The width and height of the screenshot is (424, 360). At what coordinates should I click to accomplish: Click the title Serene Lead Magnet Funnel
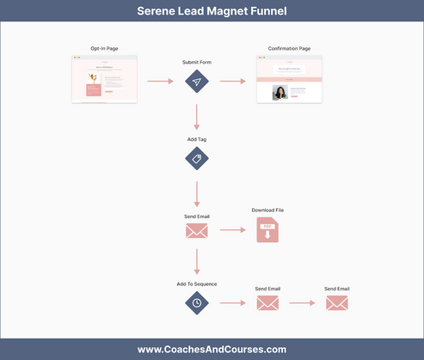[x=212, y=12]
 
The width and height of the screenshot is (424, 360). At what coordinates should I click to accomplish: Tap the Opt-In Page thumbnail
[x=104, y=82]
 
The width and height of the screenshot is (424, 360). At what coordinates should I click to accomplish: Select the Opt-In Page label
[x=104, y=48]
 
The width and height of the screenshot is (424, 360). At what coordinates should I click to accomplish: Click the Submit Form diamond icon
[x=197, y=82]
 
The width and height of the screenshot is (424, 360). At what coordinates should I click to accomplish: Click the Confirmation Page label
[x=289, y=48]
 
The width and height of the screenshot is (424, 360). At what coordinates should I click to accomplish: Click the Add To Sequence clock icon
[x=197, y=302]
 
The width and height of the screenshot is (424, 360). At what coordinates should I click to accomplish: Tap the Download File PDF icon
[x=267, y=230]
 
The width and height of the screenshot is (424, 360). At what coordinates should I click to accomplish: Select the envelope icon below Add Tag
[x=197, y=230]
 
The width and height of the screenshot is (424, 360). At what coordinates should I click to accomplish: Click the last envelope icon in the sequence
[x=336, y=302]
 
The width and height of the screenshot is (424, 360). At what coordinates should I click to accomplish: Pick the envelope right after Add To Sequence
[x=267, y=302]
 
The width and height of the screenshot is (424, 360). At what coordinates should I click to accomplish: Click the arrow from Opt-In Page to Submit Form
[x=161, y=82]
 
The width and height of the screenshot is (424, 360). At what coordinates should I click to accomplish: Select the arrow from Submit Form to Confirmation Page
[x=232, y=82]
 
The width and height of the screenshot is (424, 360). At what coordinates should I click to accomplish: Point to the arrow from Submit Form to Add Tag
[x=197, y=116]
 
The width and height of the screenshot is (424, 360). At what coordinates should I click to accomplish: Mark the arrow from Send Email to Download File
[x=232, y=230]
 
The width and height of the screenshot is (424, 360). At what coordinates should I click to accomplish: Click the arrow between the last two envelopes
[x=302, y=302]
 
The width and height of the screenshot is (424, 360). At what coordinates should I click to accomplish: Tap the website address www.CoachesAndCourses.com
[x=212, y=349]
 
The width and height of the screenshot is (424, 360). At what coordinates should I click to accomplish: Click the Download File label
[x=267, y=211]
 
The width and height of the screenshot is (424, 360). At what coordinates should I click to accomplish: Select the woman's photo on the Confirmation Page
[x=280, y=92]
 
